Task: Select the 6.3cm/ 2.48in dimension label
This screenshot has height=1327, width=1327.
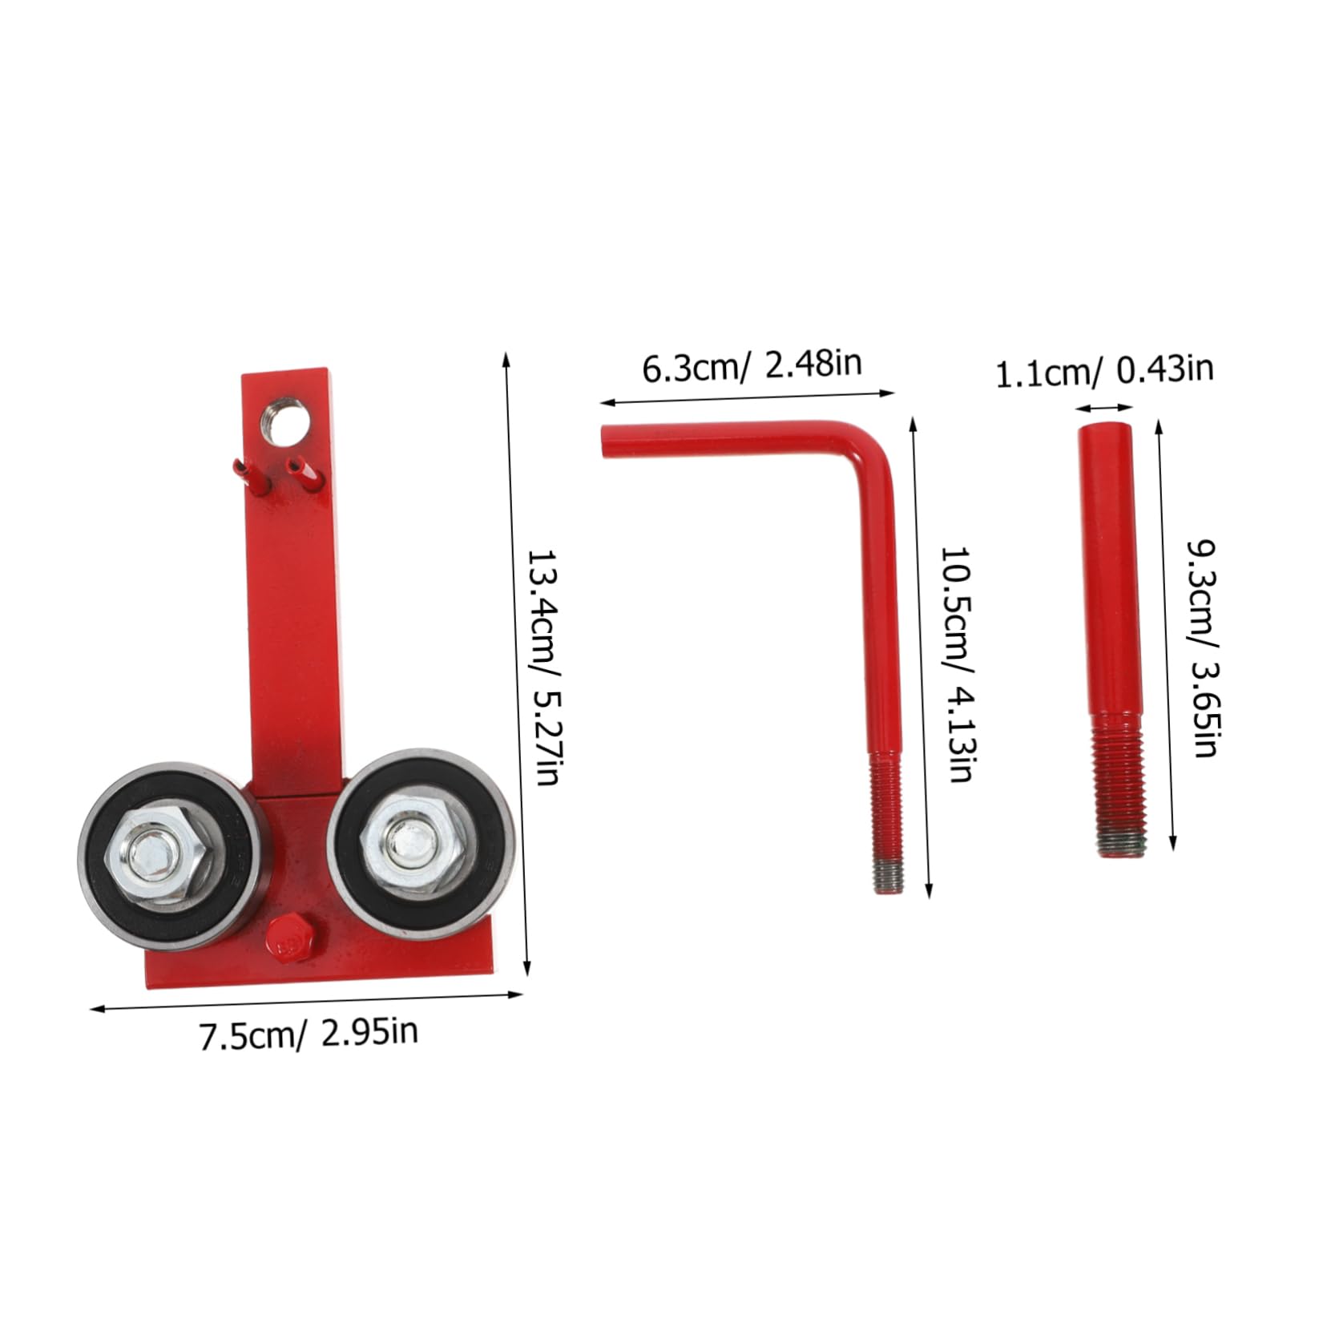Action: [752, 365]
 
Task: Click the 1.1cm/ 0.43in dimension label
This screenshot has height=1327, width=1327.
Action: [1103, 371]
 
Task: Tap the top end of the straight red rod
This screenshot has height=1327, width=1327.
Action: [1105, 430]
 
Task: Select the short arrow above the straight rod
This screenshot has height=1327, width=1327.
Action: [1104, 408]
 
